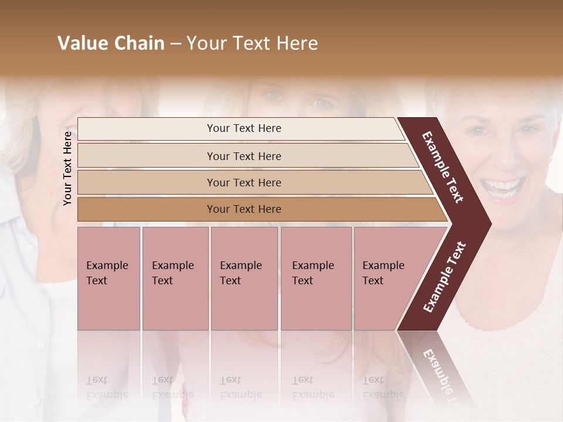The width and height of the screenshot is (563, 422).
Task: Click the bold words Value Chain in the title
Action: [111, 43]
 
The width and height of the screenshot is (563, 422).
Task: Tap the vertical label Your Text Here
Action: [67, 168]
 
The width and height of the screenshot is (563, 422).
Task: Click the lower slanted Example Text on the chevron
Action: [445, 277]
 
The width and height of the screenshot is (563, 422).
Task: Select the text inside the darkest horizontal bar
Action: [244, 209]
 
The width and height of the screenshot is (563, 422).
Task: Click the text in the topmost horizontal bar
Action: [244, 128]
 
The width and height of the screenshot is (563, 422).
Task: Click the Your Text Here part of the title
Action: [252, 43]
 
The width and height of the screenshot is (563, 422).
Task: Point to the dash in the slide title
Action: [175, 44]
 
